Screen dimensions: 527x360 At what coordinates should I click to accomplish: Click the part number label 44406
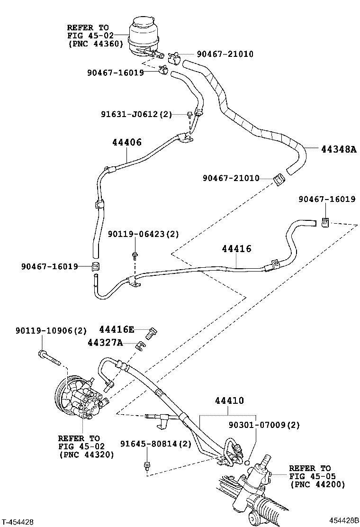[x=127, y=142]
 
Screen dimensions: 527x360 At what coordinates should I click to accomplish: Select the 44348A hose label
[x=338, y=149]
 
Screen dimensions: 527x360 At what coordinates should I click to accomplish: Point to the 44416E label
[x=117, y=329]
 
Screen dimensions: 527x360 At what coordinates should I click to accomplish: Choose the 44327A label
[x=105, y=342]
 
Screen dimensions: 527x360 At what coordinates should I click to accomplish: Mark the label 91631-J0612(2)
[x=136, y=114]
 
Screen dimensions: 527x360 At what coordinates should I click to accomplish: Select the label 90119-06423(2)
[x=144, y=234]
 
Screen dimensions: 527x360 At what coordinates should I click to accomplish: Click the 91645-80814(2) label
[x=155, y=444]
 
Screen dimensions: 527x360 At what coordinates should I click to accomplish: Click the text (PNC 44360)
[x=95, y=44]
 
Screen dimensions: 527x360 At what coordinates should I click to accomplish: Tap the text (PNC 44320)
[x=86, y=454]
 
